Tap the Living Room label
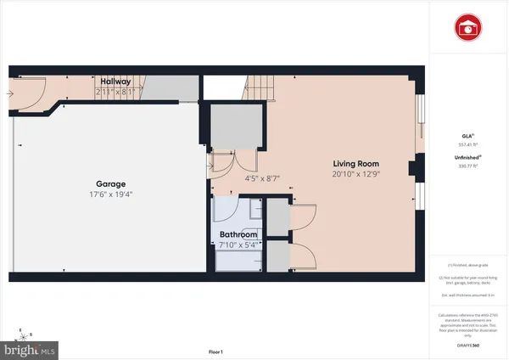pyautogui.click(x=355, y=163)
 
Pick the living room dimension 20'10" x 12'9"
pyautogui.click(x=355, y=174)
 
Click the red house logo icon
pyautogui.click(x=465, y=27)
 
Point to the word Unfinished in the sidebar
pyautogui.click(x=464, y=158)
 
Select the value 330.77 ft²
pyautogui.click(x=465, y=166)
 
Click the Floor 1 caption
pyautogui.click(x=216, y=352)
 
